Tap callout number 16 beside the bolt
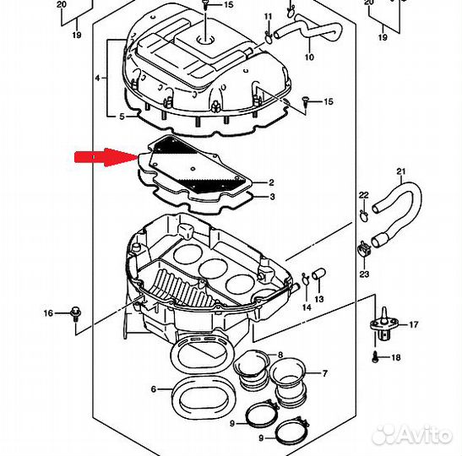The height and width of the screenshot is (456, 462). coord(49,313)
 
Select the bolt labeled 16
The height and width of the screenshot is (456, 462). coord(75,312)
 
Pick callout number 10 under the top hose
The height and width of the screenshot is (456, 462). coord(308,57)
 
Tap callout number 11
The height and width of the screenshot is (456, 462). coord(268,17)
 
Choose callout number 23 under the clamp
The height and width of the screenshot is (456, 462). coord(364,274)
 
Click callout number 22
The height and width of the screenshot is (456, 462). coord(364,196)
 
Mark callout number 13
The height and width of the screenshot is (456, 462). coord(319,300)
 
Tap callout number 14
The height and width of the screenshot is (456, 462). coord(307,307)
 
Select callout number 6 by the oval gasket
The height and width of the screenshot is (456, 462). coord(153,389)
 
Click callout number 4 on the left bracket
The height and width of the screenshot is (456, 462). coord(99,78)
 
